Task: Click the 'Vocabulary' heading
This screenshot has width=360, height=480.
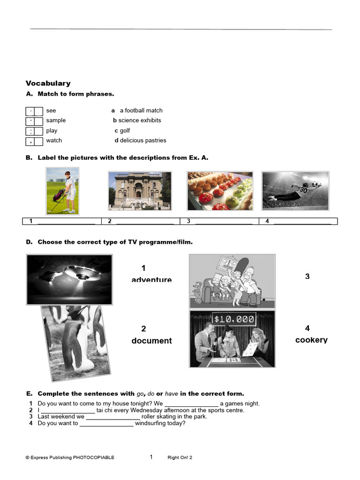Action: [x=48, y=83]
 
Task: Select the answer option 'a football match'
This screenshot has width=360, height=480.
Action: [x=141, y=111]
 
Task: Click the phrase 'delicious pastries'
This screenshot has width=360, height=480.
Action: [x=143, y=141]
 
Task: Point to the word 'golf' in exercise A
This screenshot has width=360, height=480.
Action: [x=125, y=131]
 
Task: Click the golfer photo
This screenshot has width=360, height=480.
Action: [x=62, y=191]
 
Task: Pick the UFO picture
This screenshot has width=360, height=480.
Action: [x=69, y=279]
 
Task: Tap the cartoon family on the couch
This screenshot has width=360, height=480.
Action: [x=232, y=281]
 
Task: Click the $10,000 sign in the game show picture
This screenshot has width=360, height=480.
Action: [x=233, y=320]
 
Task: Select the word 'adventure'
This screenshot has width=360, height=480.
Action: [x=151, y=280]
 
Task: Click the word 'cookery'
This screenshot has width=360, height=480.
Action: [x=311, y=340]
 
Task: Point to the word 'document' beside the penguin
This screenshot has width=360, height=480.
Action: [x=151, y=341]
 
